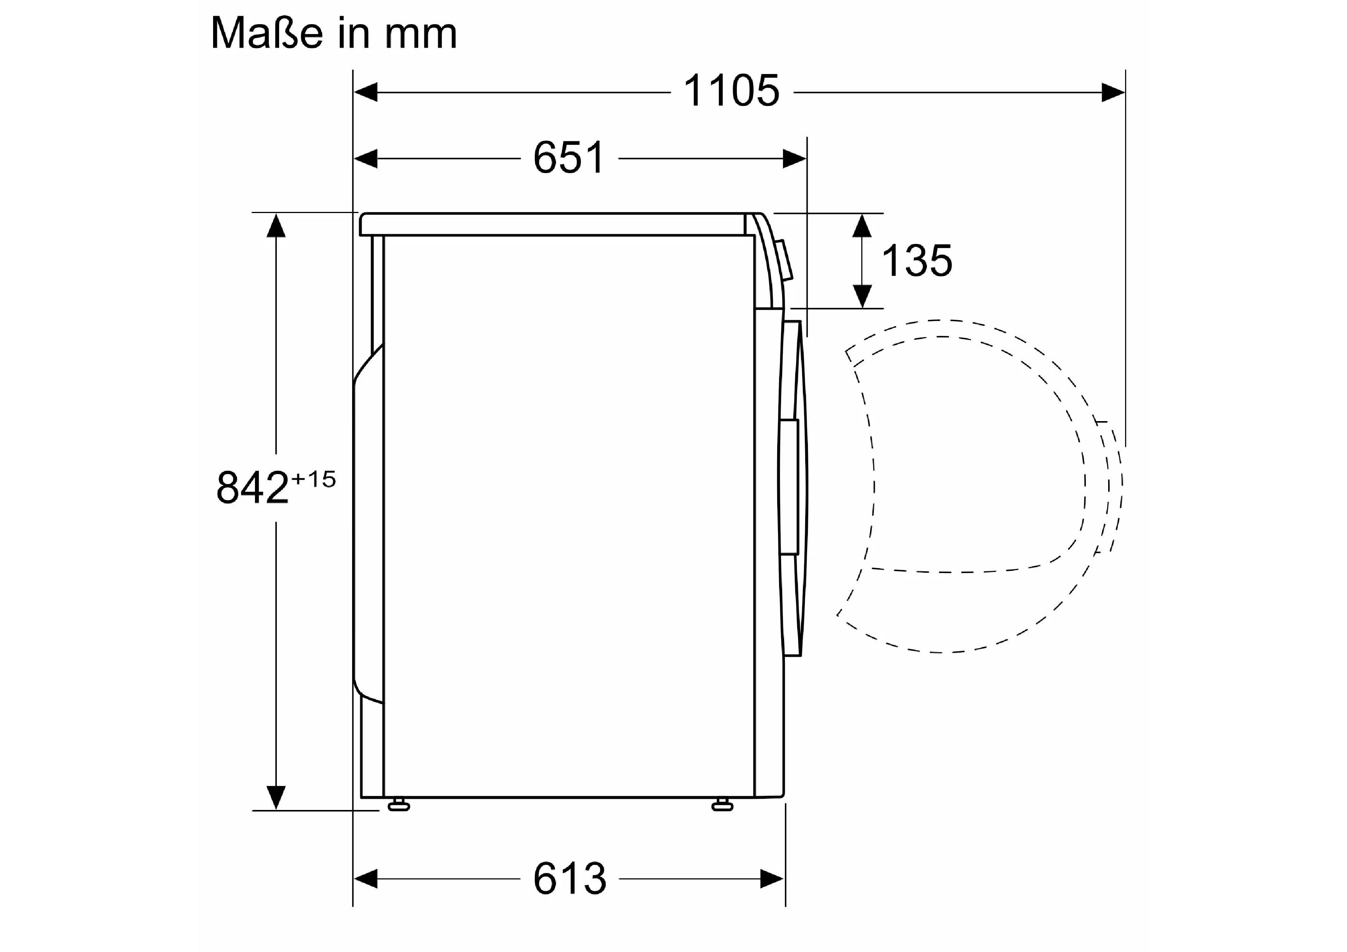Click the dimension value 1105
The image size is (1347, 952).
[x=731, y=91]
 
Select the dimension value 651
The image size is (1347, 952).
[x=569, y=158]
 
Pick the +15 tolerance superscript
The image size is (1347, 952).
[x=313, y=479]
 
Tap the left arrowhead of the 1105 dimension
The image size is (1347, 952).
[x=366, y=92]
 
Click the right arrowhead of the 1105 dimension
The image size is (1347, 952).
[x=1113, y=92]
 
